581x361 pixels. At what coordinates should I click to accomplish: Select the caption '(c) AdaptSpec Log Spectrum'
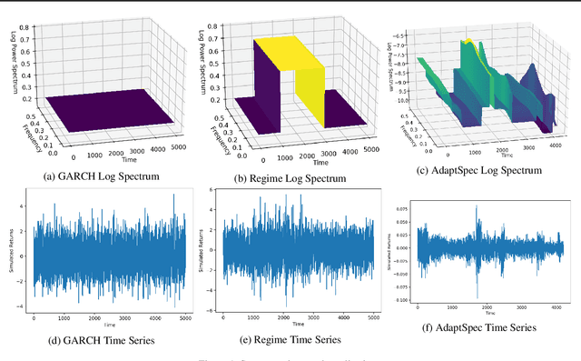[478, 170]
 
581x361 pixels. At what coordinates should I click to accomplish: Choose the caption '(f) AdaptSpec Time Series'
[478, 327]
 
